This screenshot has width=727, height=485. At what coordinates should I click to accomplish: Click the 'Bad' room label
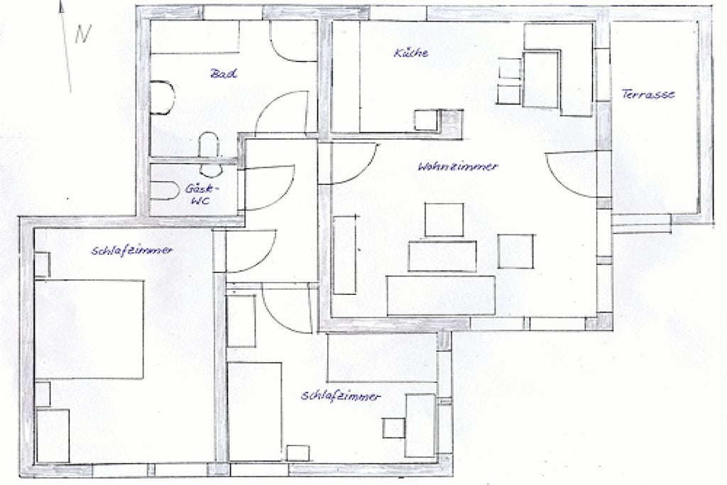coord(224,73)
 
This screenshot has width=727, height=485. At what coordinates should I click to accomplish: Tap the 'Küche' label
coord(411,53)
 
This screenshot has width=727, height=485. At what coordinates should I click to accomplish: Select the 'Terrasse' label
coord(647,94)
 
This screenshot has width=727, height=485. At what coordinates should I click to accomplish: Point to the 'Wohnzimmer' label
coord(458,166)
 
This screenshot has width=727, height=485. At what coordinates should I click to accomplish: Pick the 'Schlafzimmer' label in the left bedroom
coord(132,251)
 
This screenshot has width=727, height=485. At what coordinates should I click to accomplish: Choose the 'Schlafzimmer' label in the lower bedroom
coord(341,396)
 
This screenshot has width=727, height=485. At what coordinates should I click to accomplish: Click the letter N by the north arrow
coord(83,33)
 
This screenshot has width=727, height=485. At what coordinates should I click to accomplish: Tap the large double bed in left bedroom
coord(89,329)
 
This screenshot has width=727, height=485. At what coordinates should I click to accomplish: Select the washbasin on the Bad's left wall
coord(162,98)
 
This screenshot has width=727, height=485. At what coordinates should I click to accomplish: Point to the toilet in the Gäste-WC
coord(164,190)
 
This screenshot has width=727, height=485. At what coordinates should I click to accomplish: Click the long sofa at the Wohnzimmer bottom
coord(441,295)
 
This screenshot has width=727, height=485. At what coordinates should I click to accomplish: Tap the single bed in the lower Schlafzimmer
coord(255,412)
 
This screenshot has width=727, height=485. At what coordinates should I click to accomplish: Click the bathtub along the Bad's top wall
coord(195,37)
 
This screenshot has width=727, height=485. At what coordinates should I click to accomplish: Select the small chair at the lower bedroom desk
coord(393,428)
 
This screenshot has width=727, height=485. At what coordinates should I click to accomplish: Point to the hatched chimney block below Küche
coord(451,124)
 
